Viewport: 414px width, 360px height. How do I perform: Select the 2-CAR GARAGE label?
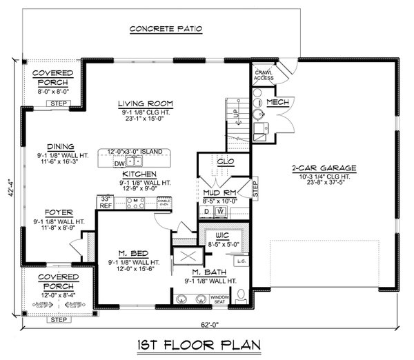pos(323,168)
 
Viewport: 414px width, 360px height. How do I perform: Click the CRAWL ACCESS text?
pos(264,74)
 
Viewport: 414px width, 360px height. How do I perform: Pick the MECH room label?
pos(277,102)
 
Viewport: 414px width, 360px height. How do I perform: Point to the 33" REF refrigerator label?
pos(106,202)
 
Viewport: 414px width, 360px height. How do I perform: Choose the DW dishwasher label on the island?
pos(119,163)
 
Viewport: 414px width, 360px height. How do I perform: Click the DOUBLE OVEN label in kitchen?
pos(164,203)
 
